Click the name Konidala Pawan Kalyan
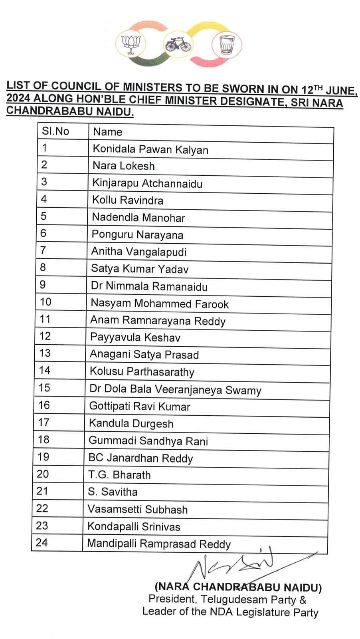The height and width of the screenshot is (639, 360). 150,149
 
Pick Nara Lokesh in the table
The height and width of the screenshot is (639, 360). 123,166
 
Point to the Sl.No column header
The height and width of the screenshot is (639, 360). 55,131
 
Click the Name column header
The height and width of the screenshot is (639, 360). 107,132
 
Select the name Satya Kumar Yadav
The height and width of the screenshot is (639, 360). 140,269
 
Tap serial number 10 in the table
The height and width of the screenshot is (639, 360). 45,302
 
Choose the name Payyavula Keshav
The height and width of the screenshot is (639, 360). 135,337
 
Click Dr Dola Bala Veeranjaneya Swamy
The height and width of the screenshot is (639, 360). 175,389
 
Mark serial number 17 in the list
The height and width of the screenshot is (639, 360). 44,422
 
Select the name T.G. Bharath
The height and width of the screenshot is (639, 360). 119,475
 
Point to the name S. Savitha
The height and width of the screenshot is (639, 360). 113,492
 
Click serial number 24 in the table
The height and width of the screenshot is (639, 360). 42,543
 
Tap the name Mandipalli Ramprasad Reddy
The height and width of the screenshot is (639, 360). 159,544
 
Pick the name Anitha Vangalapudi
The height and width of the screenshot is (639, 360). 139,252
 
